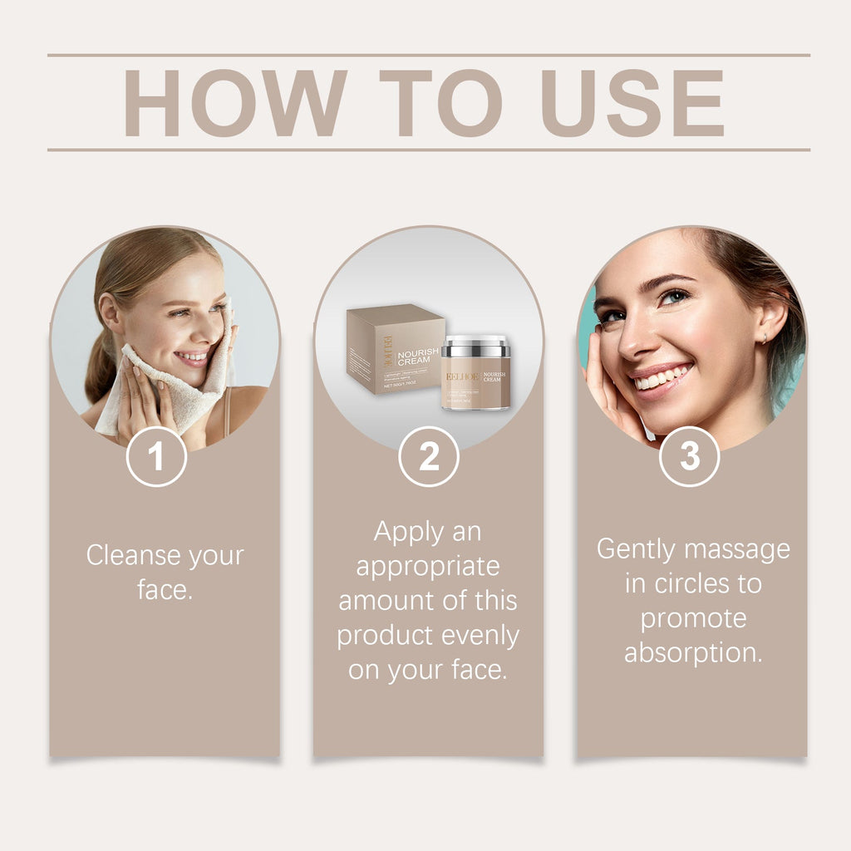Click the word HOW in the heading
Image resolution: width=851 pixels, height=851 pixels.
[235, 103]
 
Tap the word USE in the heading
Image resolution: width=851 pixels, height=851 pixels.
[632, 103]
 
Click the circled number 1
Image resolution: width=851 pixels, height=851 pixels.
[156, 456]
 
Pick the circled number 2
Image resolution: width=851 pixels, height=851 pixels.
[429, 456]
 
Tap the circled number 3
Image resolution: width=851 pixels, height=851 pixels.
[690, 456]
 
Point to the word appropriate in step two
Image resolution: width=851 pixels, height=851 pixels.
[428, 566]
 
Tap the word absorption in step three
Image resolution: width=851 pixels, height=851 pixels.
[693, 653]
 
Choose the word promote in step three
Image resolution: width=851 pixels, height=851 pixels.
[693, 618]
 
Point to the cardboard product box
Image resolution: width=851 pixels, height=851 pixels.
[392, 349]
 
